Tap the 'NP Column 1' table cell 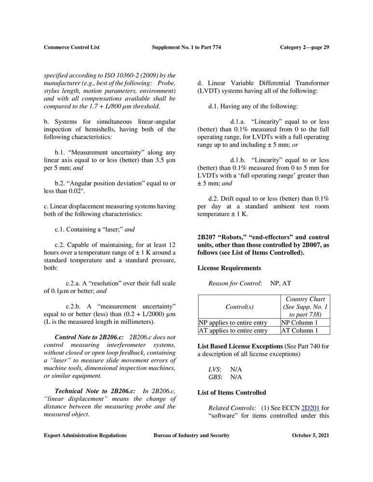point(305,322)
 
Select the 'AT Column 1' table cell point(305,331)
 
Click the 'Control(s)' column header point(239,307)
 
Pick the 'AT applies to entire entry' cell point(239,331)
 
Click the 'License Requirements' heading point(229,268)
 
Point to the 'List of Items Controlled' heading point(232,393)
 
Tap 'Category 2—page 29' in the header point(304,47)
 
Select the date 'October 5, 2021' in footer point(311,436)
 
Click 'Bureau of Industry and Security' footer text point(192,436)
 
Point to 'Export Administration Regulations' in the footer point(85,436)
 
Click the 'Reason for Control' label point(235,283)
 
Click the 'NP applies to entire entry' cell point(239,322)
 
